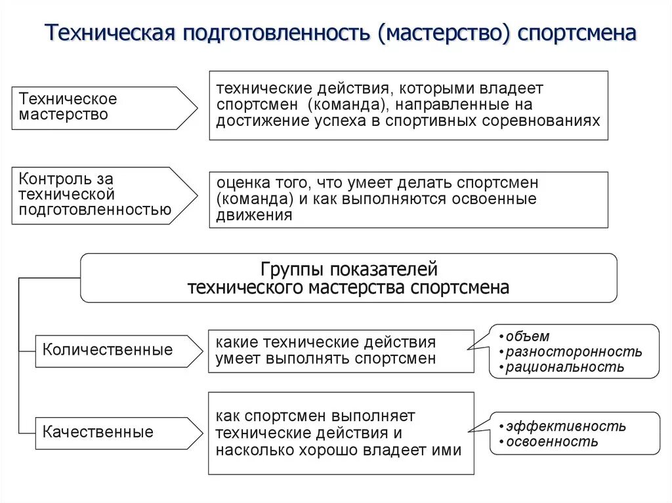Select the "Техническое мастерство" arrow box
click(98, 107)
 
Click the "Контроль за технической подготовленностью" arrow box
click(98, 195)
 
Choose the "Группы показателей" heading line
click(348, 270)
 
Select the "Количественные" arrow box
click(108, 350)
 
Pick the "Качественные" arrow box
click(98, 432)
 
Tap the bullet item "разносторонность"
click(574, 352)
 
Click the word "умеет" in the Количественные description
click(238, 359)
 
